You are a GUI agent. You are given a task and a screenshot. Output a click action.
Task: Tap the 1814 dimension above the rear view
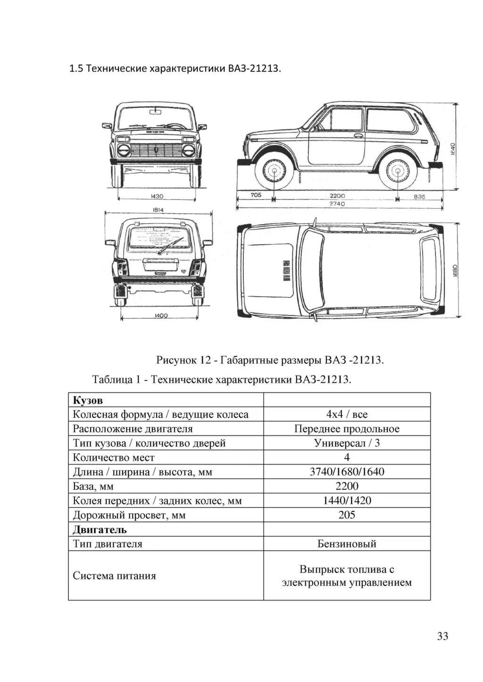pyautogui.click(x=158, y=210)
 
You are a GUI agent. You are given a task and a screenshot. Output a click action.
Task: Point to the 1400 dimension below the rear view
pyautogui.click(x=161, y=316)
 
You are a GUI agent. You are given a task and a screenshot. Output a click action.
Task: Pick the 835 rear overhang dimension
pyautogui.click(x=419, y=197)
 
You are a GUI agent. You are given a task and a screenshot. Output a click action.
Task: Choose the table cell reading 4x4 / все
pyautogui.click(x=347, y=415)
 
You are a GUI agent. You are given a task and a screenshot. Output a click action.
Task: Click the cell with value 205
pyautogui.click(x=347, y=515)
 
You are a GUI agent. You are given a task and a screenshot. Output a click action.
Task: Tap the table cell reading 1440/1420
pyautogui.click(x=347, y=500)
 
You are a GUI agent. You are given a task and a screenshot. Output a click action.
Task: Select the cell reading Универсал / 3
pyautogui.click(x=347, y=443)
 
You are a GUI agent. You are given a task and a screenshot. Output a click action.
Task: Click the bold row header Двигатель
pyautogui.click(x=100, y=530)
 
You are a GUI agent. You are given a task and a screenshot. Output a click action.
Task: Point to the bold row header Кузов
pyautogui.click(x=88, y=400)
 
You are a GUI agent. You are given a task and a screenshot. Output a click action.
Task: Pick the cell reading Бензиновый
pyautogui.click(x=347, y=544)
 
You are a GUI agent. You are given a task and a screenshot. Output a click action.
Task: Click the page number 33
pyautogui.click(x=442, y=636)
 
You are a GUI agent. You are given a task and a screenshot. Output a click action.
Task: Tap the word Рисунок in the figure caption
pyautogui.click(x=176, y=361)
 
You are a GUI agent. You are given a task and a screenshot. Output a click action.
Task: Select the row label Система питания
pyautogui.click(x=115, y=576)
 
